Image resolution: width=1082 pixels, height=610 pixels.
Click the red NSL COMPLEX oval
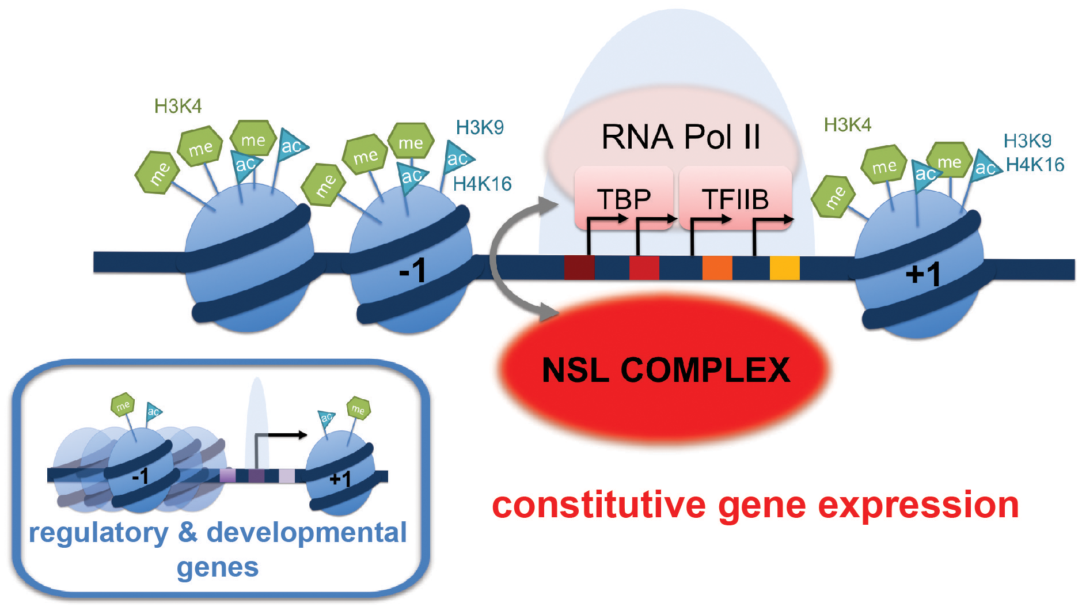coord(665,369)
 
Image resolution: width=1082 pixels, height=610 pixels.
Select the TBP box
coord(624,199)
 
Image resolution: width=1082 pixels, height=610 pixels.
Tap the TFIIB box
coord(735,199)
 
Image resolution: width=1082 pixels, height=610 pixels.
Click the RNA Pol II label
coord(681,137)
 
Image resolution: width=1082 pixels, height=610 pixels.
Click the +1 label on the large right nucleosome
coord(922,274)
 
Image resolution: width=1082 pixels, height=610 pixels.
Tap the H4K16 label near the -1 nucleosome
coord(482,184)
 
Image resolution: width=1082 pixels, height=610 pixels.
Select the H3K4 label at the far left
coord(178,106)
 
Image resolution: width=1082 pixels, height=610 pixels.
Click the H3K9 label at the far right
coord(1027,141)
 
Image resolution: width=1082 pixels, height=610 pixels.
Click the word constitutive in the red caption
coord(599,506)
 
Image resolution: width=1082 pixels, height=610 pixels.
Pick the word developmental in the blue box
coord(306,533)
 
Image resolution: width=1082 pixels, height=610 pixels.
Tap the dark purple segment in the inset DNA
coord(256,476)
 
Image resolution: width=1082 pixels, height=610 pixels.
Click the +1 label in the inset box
coord(340,479)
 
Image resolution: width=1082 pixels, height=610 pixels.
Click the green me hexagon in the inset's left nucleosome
coord(123,405)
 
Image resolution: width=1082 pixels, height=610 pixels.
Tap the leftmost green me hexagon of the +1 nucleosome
coord(833,197)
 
